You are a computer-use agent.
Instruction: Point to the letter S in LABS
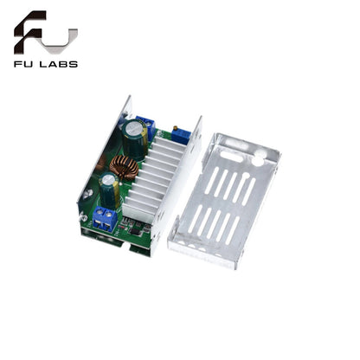tap(74, 63)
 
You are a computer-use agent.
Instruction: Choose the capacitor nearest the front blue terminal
tap(108, 185)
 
